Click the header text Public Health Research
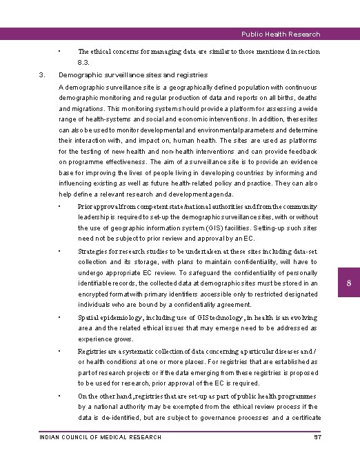pyautogui.click(x=280, y=34)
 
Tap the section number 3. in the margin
pyautogui.click(x=42, y=74)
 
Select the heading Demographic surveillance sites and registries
pyautogui.click(x=133, y=74)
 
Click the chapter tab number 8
pyautogui.click(x=349, y=284)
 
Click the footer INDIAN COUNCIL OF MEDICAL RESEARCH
pyautogui.click(x=101, y=437)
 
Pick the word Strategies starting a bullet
pyautogui.click(x=94, y=252)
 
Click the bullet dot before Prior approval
pyautogui.click(x=61, y=205)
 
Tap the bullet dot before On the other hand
pyautogui.click(x=61, y=396)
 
